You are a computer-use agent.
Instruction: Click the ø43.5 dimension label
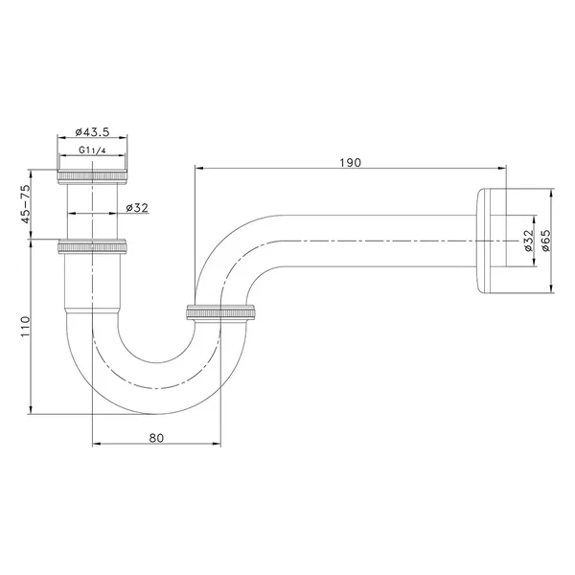(x=92, y=132)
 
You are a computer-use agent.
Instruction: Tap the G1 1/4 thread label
(x=92, y=150)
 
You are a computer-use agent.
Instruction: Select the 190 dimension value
(x=350, y=163)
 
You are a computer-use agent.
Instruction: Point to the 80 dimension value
(x=156, y=438)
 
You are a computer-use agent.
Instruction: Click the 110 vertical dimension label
(x=25, y=327)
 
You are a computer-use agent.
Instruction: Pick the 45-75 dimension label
(x=25, y=204)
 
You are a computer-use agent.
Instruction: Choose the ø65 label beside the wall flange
(x=545, y=241)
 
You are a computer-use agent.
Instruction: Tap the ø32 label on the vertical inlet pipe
(x=137, y=208)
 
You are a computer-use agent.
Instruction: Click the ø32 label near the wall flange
(x=528, y=241)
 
